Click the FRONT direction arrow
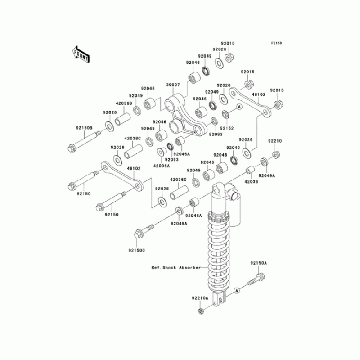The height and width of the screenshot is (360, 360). (81, 54)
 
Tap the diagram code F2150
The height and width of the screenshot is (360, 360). (276, 43)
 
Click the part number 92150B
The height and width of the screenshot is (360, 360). (77, 127)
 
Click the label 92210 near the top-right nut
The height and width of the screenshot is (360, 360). (275, 141)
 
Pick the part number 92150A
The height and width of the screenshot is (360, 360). (259, 263)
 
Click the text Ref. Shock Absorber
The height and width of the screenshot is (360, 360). (176, 267)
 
